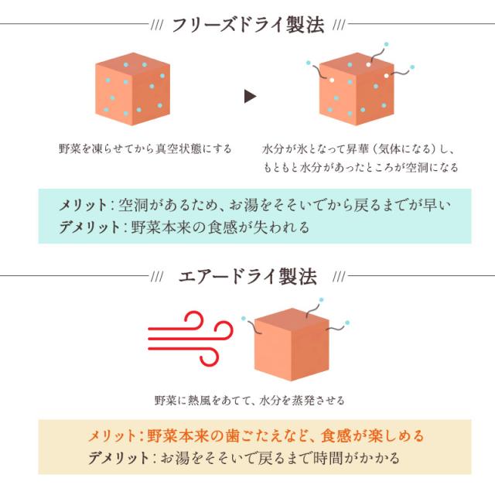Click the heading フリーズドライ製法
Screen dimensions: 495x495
click(247, 24)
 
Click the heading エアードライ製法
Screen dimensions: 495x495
click(247, 276)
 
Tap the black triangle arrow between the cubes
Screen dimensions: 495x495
click(249, 96)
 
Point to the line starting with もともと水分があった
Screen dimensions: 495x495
click(360, 167)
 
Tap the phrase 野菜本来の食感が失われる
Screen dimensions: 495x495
click(220, 227)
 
